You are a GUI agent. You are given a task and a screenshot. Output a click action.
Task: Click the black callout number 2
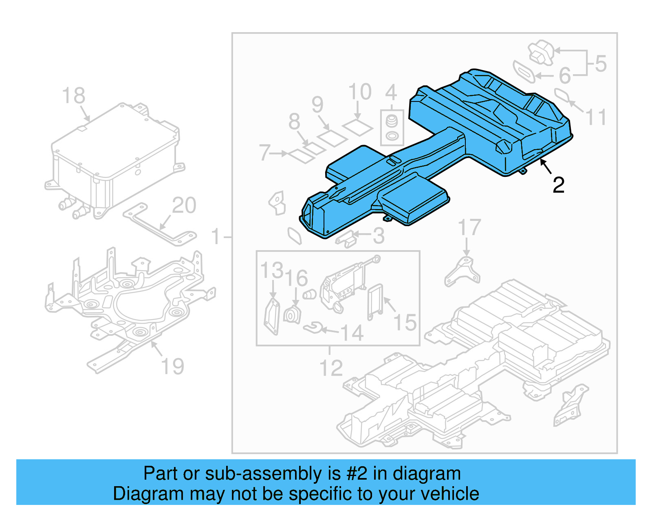(558, 185)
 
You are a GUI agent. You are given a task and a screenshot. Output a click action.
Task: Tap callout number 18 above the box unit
(74, 96)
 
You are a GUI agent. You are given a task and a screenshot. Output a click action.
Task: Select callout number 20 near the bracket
(184, 205)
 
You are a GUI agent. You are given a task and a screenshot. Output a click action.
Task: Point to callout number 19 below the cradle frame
(173, 366)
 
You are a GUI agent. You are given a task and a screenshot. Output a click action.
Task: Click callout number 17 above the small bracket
(469, 227)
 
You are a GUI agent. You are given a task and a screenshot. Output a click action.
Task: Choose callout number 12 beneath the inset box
(331, 368)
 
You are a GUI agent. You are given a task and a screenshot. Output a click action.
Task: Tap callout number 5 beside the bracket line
(601, 64)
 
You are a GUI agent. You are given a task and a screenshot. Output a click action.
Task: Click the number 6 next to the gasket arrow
(565, 76)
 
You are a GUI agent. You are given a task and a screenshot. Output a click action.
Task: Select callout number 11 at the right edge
(596, 118)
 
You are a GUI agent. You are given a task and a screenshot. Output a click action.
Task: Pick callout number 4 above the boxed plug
(391, 93)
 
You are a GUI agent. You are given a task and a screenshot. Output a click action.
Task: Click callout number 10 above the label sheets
(360, 92)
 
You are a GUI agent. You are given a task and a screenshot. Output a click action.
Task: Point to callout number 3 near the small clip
(379, 236)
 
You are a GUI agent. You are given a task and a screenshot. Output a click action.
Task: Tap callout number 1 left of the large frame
(216, 237)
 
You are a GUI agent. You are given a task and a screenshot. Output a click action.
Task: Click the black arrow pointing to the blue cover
(546, 167)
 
